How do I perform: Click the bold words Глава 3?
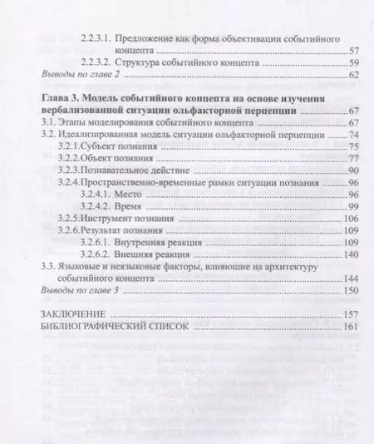tap(62, 98)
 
